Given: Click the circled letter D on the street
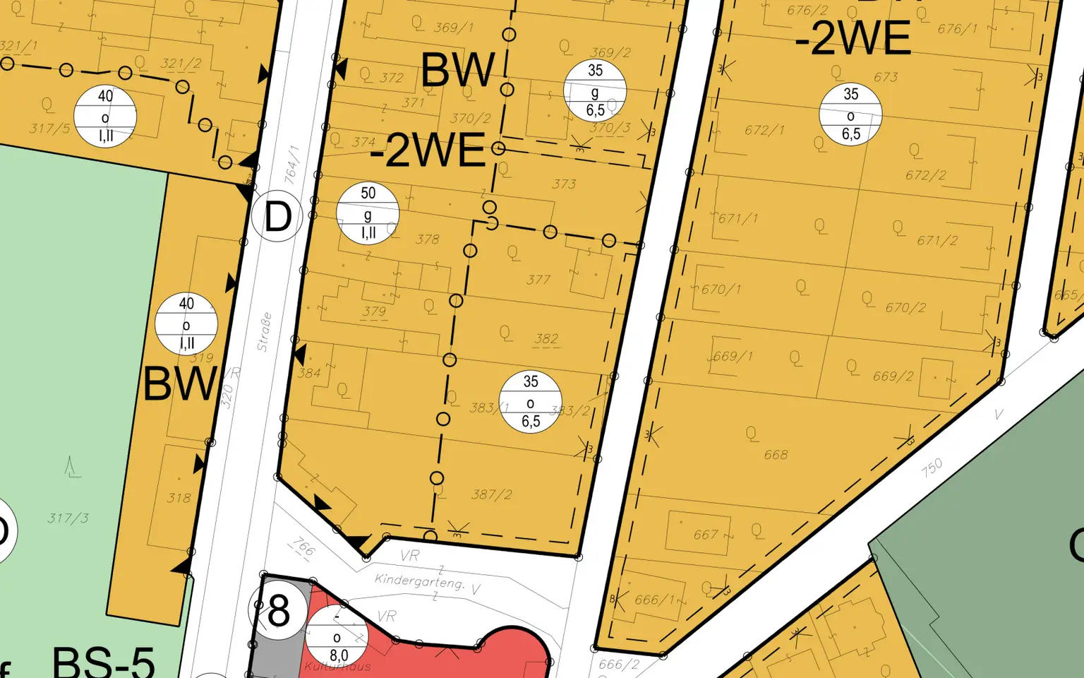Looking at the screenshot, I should click(277, 217).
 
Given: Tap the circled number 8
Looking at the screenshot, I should click(279, 610).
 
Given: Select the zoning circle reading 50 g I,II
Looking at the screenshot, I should click(368, 213).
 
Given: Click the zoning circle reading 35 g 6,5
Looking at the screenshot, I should click(595, 90).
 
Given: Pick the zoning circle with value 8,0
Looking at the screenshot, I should click(337, 636).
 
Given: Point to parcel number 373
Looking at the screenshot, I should click(564, 184).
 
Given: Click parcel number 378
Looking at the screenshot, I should click(428, 239).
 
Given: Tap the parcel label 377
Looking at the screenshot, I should click(538, 280).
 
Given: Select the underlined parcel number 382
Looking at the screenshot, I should click(546, 339).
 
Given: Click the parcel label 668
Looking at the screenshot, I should click(776, 455).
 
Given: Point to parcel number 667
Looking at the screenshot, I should click(705, 535).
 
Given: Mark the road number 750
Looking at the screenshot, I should click(932, 468).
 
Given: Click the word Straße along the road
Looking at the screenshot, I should click(264, 332).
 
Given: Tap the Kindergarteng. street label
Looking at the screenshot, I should click(419, 581).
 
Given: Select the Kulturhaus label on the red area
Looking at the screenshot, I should click(337, 666).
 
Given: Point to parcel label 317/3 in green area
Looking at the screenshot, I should click(68, 518).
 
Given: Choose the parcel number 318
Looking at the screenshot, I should click(179, 498).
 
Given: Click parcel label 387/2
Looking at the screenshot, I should click(492, 494).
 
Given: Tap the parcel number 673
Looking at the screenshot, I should click(886, 77).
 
